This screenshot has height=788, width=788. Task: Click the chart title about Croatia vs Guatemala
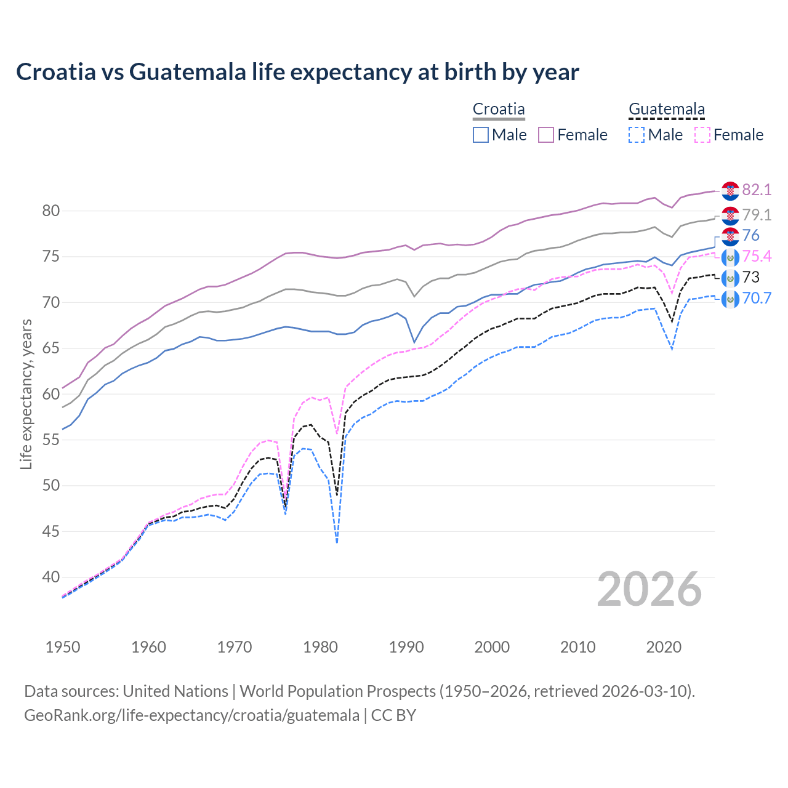(297, 72)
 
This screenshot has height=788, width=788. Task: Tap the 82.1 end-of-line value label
(757, 190)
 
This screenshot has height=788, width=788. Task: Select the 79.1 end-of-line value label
(757, 215)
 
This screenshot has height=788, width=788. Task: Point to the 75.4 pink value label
(757, 256)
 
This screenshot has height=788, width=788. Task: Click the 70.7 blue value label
(757, 298)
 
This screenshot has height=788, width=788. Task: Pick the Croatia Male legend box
(481, 135)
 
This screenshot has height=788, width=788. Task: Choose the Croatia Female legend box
(546, 135)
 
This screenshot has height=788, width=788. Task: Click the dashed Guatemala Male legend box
(637, 135)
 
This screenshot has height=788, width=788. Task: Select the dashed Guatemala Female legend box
(702, 135)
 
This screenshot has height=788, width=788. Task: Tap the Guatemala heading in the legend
(667, 110)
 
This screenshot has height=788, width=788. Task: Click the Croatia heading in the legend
(499, 110)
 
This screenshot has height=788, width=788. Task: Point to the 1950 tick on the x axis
(63, 647)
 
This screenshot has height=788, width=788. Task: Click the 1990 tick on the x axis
(406, 647)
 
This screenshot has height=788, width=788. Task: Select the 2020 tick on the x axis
(664, 647)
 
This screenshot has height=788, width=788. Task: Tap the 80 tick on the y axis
(51, 211)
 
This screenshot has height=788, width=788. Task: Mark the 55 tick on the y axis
(51, 440)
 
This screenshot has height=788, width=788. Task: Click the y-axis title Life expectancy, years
(26, 394)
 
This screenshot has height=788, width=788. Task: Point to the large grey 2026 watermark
(649, 589)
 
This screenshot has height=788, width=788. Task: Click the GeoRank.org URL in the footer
(191, 715)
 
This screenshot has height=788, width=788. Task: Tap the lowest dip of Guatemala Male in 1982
(337, 542)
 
